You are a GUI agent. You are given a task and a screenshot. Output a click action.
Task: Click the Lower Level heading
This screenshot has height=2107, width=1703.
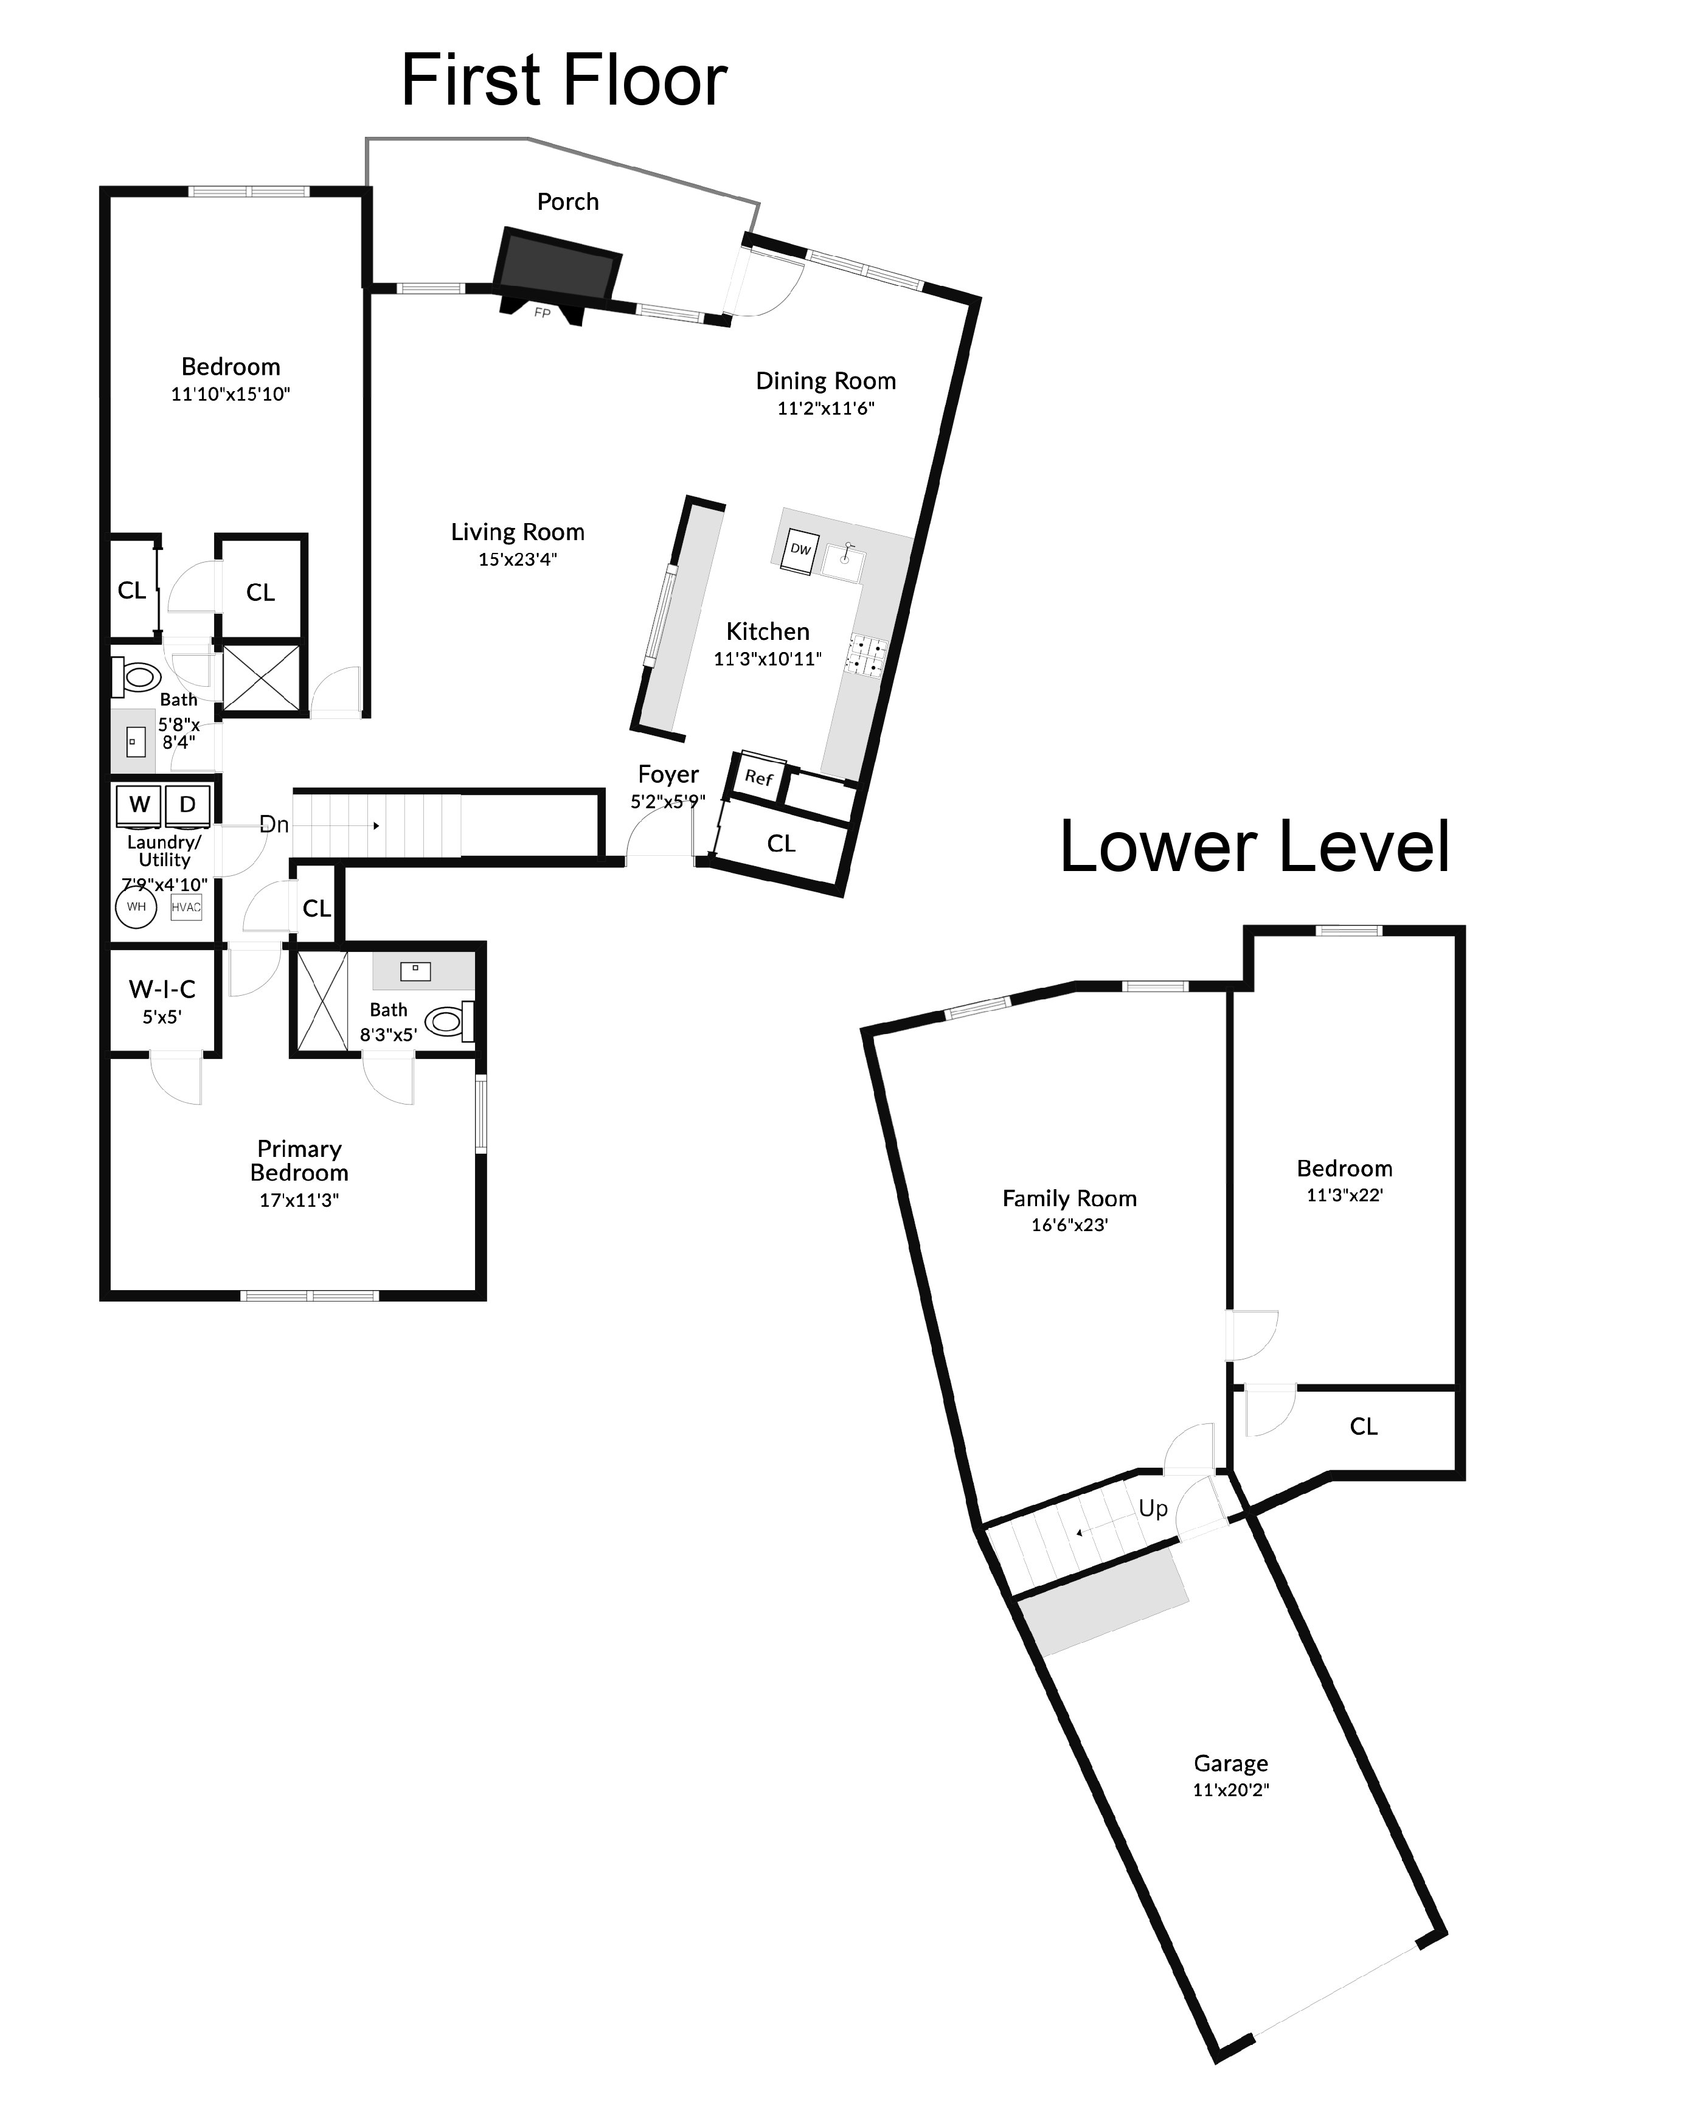click(x=1254, y=847)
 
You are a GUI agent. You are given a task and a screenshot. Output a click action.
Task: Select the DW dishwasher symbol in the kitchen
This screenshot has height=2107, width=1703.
click(x=800, y=550)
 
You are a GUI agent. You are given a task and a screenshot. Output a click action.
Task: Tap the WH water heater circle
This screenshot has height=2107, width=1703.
click(x=136, y=906)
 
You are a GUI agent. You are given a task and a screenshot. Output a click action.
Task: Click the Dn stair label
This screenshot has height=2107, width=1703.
click(x=274, y=825)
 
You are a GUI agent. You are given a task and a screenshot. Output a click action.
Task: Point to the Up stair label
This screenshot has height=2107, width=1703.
click(x=1153, y=1508)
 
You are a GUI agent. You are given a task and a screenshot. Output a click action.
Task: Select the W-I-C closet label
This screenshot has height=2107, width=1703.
click(x=162, y=989)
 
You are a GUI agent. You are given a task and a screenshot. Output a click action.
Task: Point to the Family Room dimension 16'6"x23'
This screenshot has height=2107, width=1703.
click(x=1069, y=1225)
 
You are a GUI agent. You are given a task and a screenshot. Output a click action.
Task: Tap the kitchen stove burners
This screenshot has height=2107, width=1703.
click(x=867, y=657)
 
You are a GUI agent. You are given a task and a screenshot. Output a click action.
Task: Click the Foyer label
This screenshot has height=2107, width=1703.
click(x=668, y=775)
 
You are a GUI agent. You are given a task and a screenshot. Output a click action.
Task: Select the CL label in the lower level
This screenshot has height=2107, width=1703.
click(x=1362, y=1427)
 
